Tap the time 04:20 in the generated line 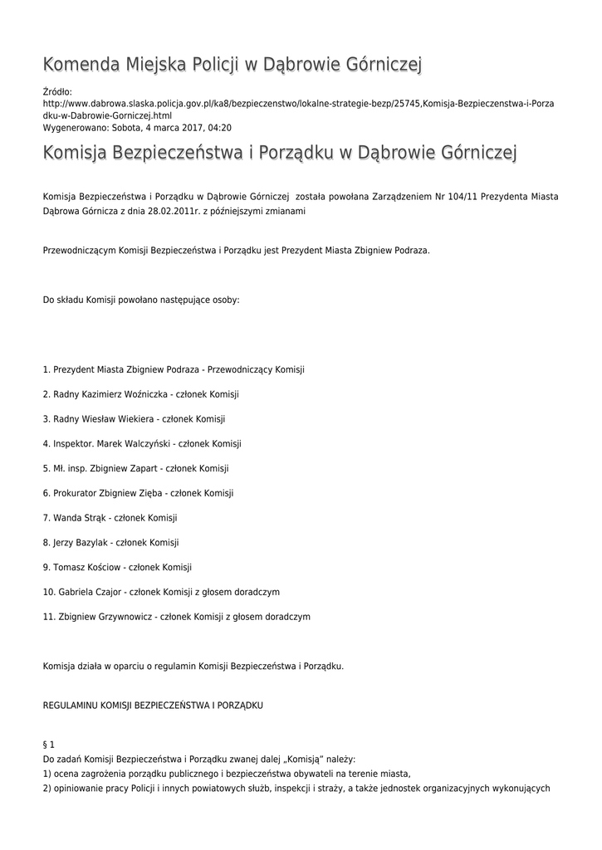point(220,129)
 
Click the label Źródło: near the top point(57,91)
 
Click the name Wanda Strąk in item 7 point(79,518)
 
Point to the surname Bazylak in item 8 point(94,543)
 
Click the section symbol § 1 point(48,746)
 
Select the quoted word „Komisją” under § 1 point(308,760)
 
